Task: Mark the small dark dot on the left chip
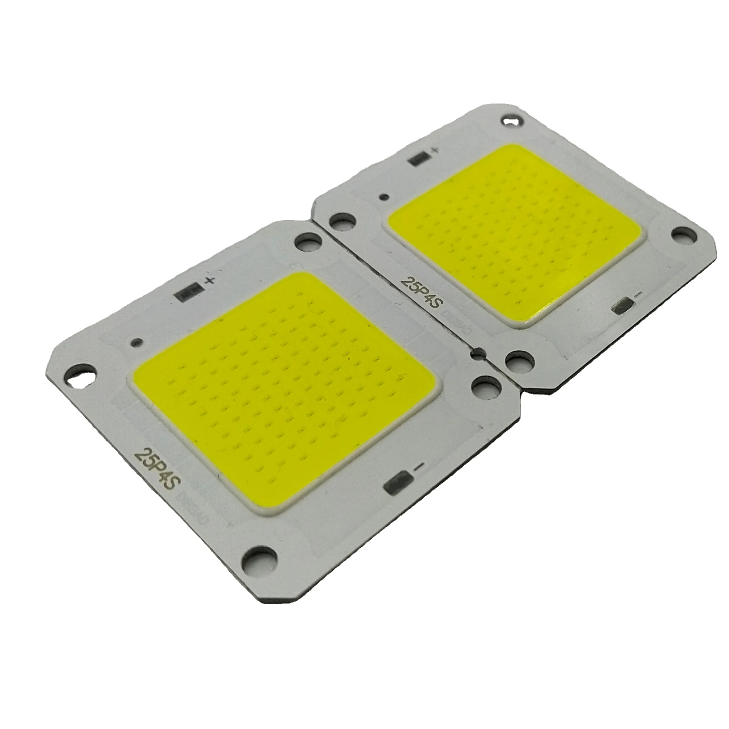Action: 137,342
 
